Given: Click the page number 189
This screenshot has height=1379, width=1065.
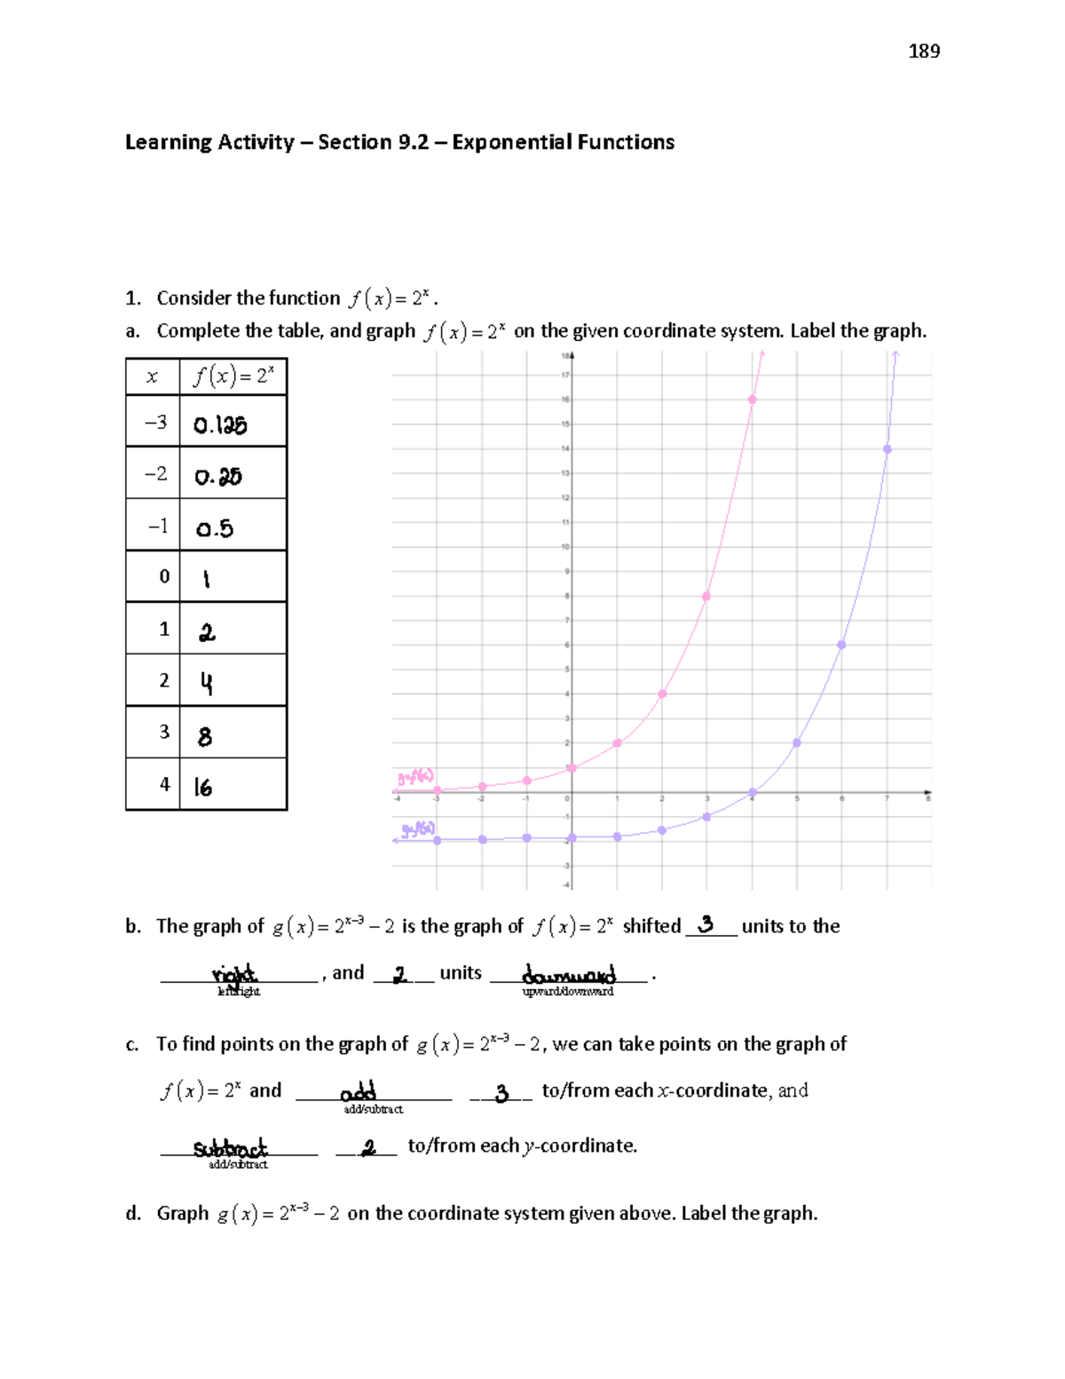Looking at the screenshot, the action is click(x=924, y=52).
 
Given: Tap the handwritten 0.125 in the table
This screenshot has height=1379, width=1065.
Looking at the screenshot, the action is click(x=220, y=425).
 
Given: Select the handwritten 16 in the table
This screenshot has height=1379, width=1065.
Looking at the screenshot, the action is click(x=203, y=788).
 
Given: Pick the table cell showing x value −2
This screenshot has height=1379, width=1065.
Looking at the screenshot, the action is click(x=155, y=473).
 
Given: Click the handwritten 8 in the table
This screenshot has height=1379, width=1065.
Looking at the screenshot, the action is click(x=205, y=736).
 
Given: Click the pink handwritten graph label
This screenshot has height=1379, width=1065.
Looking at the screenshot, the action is click(x=415, y=778).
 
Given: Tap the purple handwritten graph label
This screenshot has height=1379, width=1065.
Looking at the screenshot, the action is click(x=418, y=829).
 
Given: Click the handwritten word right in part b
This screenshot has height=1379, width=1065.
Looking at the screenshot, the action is click(x=234, y=974).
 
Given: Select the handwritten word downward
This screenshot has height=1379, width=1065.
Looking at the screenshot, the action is click(x=569, y=974).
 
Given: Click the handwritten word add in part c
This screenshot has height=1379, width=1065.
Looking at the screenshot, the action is click(x=359, y=1091).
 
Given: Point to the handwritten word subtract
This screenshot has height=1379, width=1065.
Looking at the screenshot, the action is click(x=230, y=1147).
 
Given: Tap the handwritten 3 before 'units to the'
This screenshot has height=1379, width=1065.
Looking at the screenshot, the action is click(x=706, y=924).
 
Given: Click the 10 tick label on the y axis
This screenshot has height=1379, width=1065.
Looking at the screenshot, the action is click(x=564, y=547).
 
